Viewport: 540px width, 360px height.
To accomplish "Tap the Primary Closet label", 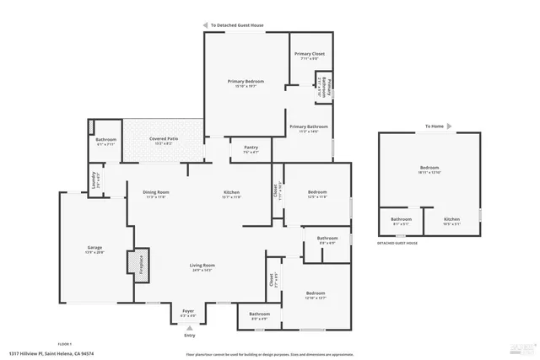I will [310, 54].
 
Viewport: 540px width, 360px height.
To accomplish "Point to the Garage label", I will [94, 248].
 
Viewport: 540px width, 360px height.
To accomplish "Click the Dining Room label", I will [157, 192].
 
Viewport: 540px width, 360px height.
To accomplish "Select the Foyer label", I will [189, 311].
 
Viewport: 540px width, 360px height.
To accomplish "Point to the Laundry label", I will [94, 179].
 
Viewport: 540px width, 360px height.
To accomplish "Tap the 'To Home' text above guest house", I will [434, 126].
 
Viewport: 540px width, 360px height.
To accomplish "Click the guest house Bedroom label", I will [429, 168].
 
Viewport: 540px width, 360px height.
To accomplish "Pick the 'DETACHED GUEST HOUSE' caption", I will [397, 242].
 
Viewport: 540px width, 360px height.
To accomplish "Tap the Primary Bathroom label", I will [309, 126].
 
